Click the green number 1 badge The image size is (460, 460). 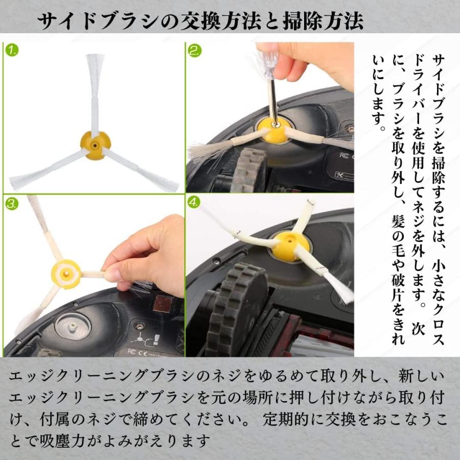pos(12,50)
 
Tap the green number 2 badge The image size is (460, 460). pos(195,51)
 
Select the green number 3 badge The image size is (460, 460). pos(12,203)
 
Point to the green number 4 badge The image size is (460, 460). pos(194,202)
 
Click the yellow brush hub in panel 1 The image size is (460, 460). pos(96,145)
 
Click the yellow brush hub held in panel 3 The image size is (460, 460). pos(66,274)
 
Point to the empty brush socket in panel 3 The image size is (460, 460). pos(73,326)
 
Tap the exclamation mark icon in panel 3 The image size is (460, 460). pos(156,339)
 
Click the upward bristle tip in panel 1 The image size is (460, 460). pos(95,56)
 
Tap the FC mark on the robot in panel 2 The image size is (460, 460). pos(344,155)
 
